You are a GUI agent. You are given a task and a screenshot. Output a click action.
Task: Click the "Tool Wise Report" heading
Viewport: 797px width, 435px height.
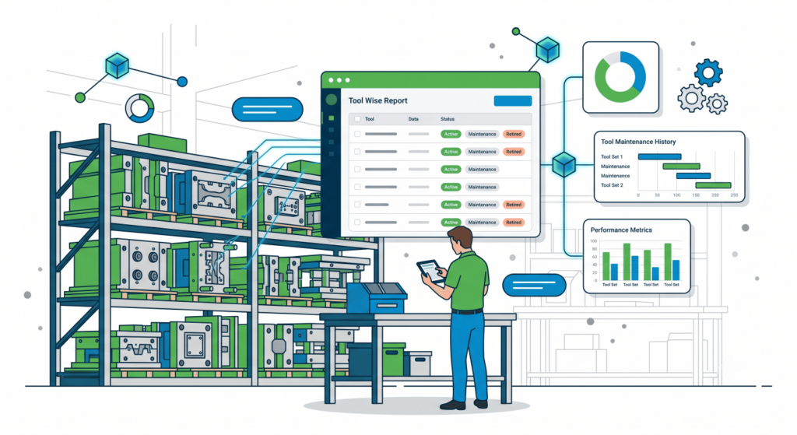pyautogui.click(x=377, y=100)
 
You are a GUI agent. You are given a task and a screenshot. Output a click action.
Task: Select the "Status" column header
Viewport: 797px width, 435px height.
pyautogui.click(x=448, y=119)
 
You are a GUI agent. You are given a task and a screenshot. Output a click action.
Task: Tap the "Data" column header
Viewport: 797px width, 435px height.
pyautogui.click(x=413, y=119)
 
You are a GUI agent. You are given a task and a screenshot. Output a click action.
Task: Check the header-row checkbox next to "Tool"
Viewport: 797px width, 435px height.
pyautogui.click(x=357, y=119)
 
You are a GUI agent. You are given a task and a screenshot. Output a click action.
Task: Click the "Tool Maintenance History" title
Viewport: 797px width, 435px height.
pyautogui.click(x=638, y=142)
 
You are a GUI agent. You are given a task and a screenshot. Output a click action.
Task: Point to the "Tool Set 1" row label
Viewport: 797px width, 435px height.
pyautogui.click(x=612, y=156)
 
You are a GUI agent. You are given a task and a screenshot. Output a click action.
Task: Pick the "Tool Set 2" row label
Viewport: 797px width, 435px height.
pyautogui.click(x=612, y=185)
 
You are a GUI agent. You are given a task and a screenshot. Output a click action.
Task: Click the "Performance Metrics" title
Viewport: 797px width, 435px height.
pyautogui.click(x=620, y=230)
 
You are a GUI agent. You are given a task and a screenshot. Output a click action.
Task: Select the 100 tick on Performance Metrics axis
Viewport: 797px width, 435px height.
pyautogui.click(x=593, y=241)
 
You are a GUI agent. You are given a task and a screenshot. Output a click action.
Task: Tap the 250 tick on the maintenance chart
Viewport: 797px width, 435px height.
pyautogui.click(x=733, y=195)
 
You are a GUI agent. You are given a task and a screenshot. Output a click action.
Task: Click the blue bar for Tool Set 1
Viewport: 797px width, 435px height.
pyautogui.click(x=659, y=156)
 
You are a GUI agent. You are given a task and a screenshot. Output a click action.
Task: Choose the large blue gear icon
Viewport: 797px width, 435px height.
pyautogui.click(x=708, y=72)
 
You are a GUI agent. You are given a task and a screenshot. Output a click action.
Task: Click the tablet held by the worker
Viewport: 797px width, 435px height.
pyautogui.click(x=430, y=270)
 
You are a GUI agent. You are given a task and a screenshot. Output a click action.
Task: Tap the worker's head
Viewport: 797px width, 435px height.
pyautogui.click(x=460, y=240)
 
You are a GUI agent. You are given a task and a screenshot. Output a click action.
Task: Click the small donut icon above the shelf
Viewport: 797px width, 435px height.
pyautogui.click(x=140, y=108)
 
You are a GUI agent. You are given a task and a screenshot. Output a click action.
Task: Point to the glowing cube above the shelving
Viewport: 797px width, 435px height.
pyautogui.click(x=117, y=65)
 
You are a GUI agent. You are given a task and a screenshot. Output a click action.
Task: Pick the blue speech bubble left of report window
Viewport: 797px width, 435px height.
pyautogui.click(x=268, y=109)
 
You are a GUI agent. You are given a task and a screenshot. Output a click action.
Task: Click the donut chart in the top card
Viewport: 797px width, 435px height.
pyautogui.click(x=620, y=77)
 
